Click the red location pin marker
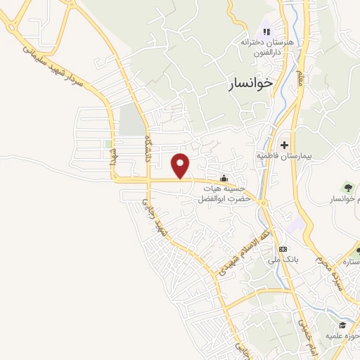tap(181, 165)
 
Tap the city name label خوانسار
tap(250, 84)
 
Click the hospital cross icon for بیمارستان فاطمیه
tap(284, 144)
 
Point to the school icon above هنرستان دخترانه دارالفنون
tap(266, 31)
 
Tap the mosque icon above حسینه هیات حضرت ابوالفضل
tap(224, 177)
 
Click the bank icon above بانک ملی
tap(283, 250)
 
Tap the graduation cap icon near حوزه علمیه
tap(342, 325)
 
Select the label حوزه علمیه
tap(345, 336)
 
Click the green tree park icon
tap(347, 187)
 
